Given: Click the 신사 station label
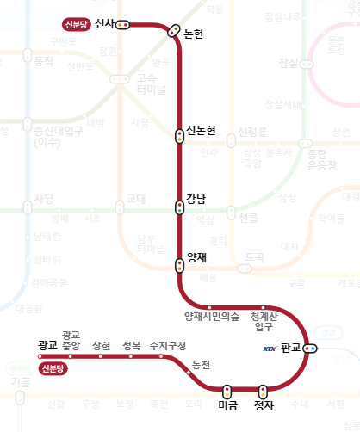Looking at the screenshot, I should (x=105, y=23).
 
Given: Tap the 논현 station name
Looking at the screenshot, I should (x=196, y=34).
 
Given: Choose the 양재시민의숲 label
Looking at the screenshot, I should (x=212, y=317).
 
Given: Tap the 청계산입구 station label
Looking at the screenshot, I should (x=263, y=321).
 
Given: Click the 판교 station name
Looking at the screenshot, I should (x=291, y=348).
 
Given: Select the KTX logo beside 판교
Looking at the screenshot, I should (x=270, y=349).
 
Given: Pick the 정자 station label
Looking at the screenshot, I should (x=264, y=405).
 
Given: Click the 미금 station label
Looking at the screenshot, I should (x=227, y=405).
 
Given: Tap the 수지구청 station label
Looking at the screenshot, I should (x=167, y=345).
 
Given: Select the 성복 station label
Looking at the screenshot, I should (x=131, y=345).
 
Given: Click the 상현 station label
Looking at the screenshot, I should (x=101, y=345).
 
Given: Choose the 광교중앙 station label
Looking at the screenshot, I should (x=71, y=340).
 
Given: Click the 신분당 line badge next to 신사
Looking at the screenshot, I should (x=76, y=24).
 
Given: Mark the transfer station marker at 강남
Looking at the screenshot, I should (x=179, y=207).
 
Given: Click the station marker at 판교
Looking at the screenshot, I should (x=310, y=349).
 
